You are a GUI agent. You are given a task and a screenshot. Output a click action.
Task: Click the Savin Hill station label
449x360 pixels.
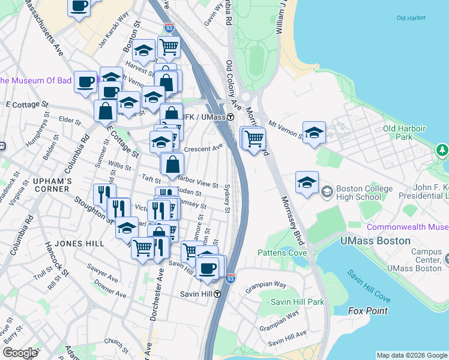coord(197,294)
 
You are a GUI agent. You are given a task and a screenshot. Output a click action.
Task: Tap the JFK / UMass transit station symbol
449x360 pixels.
coord(231,117)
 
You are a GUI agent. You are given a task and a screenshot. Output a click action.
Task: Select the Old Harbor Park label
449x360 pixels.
coord(404,133)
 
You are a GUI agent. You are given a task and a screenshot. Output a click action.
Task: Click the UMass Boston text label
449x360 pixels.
coord(375,241)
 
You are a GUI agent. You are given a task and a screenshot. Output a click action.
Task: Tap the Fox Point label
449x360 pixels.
coord(368,311)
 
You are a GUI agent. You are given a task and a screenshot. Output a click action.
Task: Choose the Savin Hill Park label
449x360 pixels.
coord(297,301)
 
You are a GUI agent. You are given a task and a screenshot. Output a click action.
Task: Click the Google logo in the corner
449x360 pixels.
coord(20,353)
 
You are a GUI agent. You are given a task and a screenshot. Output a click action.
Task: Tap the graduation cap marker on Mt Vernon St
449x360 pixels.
coord(314,133)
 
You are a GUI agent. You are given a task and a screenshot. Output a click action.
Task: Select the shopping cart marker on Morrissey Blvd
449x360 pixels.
coord(255,138)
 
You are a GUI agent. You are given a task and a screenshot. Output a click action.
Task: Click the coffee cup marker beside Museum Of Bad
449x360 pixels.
coord(86,82)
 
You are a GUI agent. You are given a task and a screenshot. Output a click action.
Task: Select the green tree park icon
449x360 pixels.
coord(444,149)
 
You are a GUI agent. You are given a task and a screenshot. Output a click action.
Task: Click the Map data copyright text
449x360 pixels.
coord(412,355)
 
